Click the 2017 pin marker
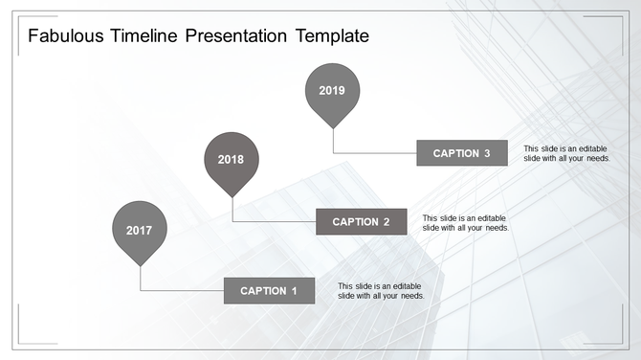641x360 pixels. click(x=139, y=231)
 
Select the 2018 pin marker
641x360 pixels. click(x=231, y=160)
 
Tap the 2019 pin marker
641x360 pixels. click(x=332, y=91)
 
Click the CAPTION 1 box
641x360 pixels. click(x=269, y=290)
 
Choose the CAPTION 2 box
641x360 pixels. click(x=361, y=222)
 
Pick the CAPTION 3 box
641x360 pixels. click(x=461, y=153)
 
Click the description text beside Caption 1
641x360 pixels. click(x=381, y=291)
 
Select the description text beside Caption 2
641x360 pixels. click(x=465, y=223)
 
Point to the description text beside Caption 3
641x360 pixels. click(x=566, y=153)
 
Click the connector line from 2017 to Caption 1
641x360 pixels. click(x=182, y=290)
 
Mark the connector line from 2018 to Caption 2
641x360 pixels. click(x=274, y=222)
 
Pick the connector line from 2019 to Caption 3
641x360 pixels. click(x=374, y=153)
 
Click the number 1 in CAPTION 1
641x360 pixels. click(x=295, y=290)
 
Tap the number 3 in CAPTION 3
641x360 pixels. click(x=487, y=153)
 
